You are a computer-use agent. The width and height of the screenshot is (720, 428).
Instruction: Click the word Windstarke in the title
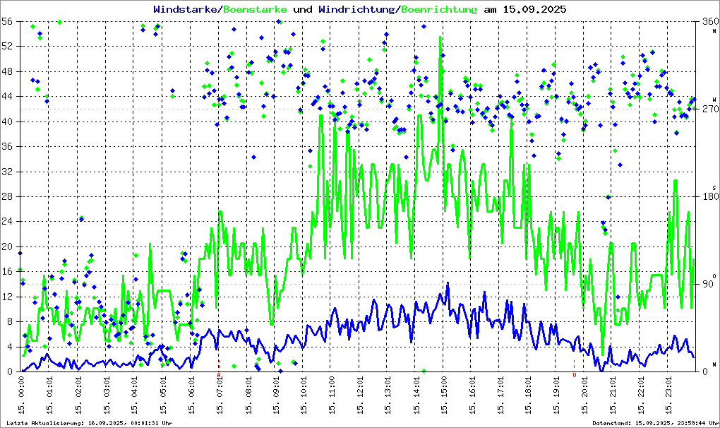click(x=186, y=10)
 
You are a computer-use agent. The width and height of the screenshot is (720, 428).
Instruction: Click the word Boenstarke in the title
click(x=255, y=10)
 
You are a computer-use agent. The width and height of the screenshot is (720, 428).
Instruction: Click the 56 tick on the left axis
click(x=8, y=21)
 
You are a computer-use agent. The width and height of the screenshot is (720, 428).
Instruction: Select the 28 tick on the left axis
click(x=8, y=196)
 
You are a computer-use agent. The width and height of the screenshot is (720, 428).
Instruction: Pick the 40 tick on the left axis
click(x=8, y=121)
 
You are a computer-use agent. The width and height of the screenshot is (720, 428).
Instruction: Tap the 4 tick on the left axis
click(x=11, y=347)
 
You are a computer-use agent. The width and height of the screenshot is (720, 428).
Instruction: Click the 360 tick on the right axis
click(x=708, y=21)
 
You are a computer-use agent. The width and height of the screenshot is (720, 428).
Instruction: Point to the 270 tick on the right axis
click(x=708, y=109)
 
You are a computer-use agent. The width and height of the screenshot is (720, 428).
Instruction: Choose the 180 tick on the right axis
click(x=708, y=196)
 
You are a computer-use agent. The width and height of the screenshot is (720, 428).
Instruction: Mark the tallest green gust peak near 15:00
click(x=440, y=37)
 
